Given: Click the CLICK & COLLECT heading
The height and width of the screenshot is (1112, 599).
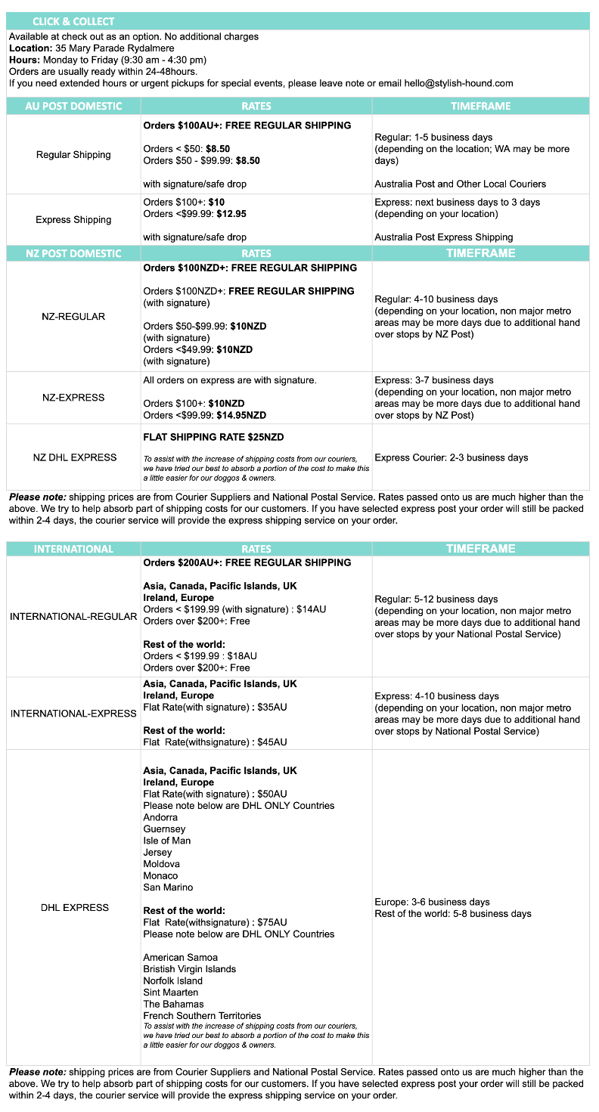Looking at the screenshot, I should (73, 21).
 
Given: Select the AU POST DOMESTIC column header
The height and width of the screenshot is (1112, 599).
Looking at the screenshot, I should (73, 107).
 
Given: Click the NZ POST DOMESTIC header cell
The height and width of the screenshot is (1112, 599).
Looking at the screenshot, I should (73, 253).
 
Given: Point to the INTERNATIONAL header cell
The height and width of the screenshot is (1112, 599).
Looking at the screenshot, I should (73, 549).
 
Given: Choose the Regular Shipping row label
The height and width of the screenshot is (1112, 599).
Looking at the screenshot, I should (73, 155).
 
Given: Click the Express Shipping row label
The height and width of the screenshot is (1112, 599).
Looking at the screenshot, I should (73, 220).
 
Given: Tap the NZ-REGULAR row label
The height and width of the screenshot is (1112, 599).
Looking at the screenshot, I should (73, 317).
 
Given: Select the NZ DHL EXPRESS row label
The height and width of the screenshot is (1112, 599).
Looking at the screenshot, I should (73, 457).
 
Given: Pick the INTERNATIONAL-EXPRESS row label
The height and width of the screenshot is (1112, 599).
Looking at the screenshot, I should (73, 714).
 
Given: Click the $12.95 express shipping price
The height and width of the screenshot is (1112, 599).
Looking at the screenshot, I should (231, 214).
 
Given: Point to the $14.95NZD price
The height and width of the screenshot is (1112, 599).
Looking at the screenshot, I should (240, 415).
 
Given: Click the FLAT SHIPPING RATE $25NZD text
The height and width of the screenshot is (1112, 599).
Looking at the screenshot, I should (213, 437).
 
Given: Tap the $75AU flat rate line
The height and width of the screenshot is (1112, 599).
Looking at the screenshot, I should (215, 922).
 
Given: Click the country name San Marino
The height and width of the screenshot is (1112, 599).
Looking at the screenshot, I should (168, 887).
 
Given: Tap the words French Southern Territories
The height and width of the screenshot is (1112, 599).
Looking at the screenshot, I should (202, 1015).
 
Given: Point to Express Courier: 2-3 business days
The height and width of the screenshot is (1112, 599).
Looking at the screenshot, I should (452, 457).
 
